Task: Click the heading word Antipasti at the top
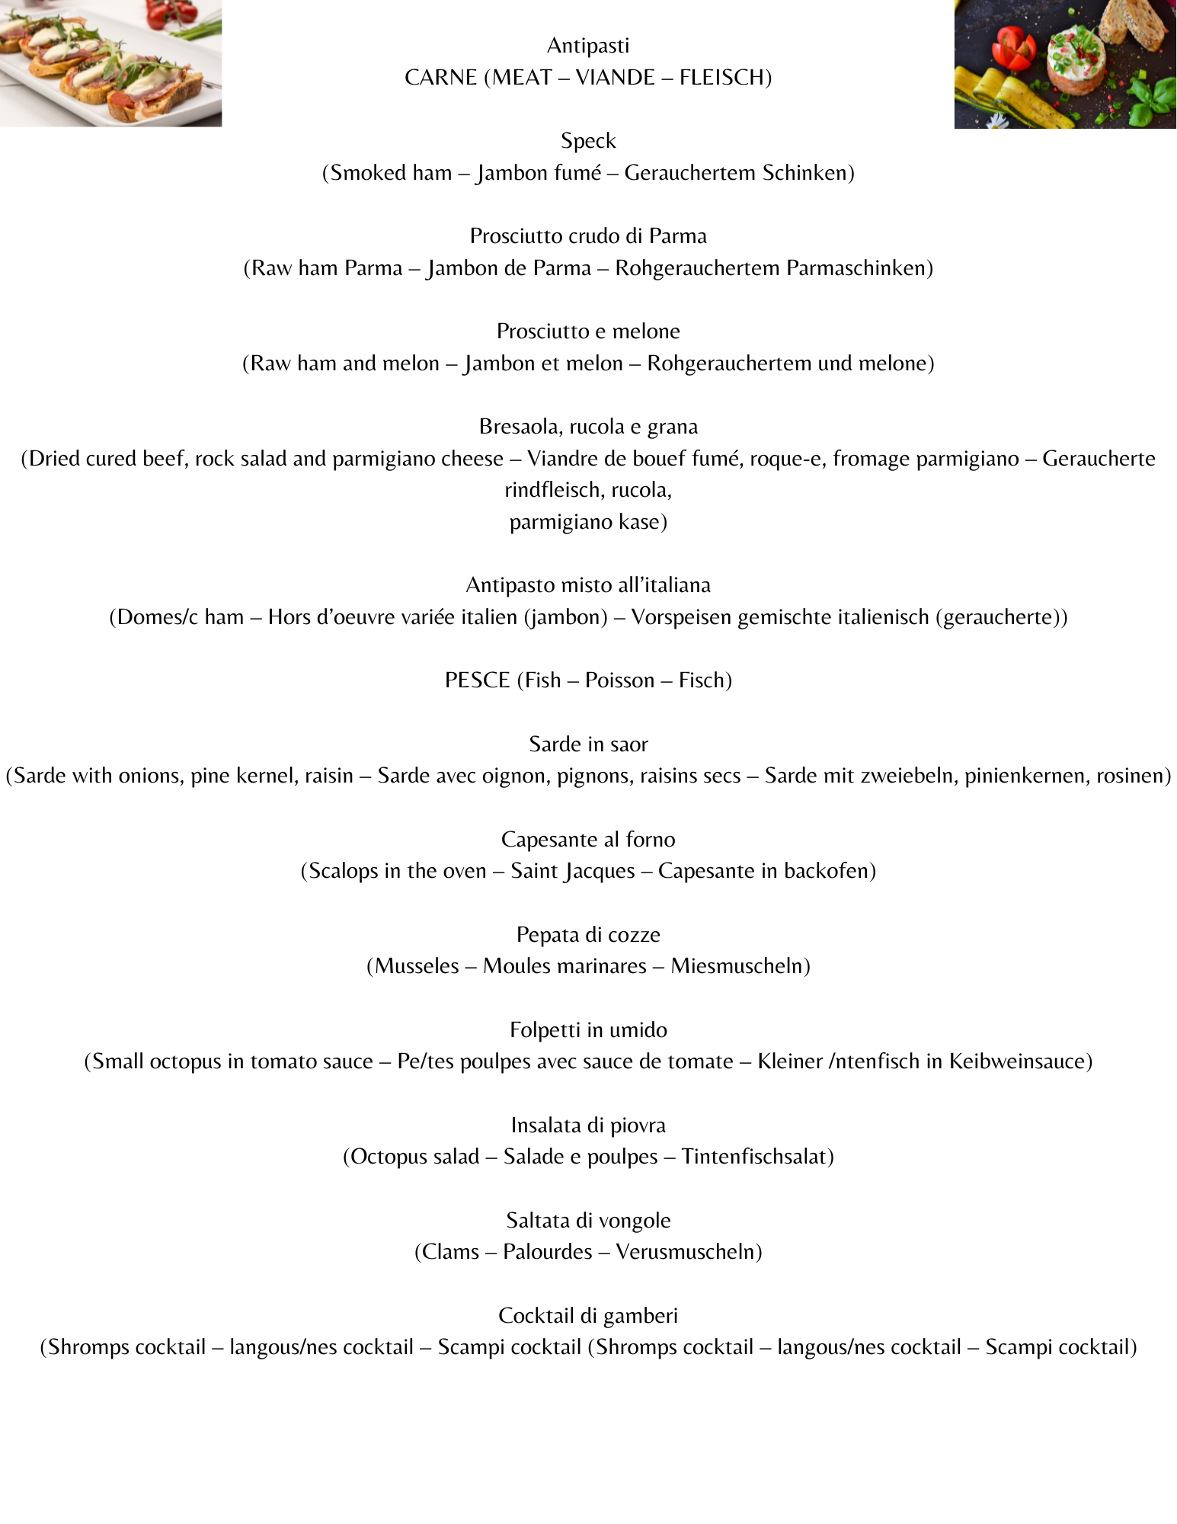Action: click(588, 46)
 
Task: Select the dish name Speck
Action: click(588, 141)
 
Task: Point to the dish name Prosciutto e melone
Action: click(588, 331)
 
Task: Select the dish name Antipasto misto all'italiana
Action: click(588, 585)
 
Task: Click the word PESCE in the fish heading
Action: click(477, 680)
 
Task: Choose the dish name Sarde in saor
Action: click(588, 744)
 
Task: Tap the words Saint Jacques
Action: click(572, 871)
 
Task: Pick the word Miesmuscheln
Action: click(739, 966)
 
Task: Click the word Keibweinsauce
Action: click(1019, 1061)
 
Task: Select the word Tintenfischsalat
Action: click(756, 1157)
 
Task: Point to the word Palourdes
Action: click(547, 1252)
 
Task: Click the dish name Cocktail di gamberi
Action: click(588, 1316)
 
